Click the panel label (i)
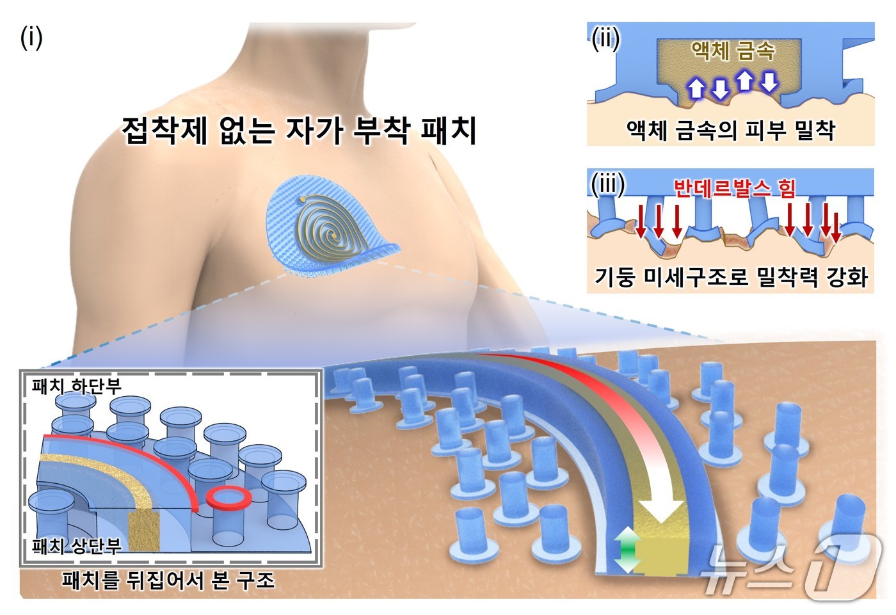coord(31,38)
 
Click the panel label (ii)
coord(605,40)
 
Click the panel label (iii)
coord(607,185)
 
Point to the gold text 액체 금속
coord(733,51)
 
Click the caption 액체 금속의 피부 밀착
coord(731,131)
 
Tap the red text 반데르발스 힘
coord(735,188)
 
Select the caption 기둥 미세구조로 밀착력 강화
coord(731,277)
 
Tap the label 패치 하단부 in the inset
coord(76,385)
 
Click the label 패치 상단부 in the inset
coord(76,545)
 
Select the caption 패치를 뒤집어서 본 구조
coord(168,580)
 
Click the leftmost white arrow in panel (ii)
coord(696,88)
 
